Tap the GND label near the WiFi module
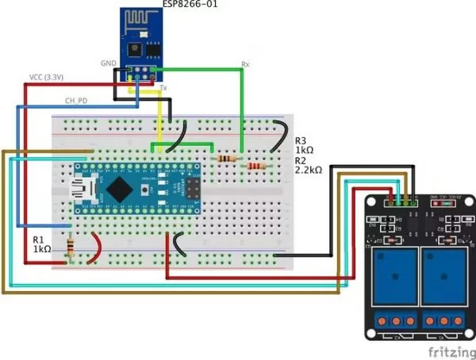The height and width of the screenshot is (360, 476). [x=108, y=62]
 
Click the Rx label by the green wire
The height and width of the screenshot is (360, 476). [x=246, y=64]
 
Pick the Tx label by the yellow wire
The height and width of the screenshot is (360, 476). [x=163, y=88]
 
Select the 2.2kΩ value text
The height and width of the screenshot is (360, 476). [x=309, y=170]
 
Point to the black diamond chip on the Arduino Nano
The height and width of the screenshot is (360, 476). [x=120, y=187]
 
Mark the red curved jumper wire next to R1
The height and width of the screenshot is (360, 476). [x=97, y=248]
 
